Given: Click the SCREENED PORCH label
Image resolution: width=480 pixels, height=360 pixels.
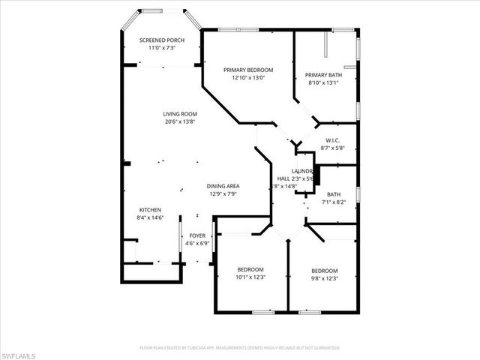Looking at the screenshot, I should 163,40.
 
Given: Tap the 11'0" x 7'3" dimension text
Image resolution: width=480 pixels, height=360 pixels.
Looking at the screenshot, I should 163,48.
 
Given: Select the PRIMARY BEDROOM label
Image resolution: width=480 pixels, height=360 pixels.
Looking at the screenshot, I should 248,70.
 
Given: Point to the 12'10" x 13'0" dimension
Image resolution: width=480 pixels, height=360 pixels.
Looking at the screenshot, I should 248,78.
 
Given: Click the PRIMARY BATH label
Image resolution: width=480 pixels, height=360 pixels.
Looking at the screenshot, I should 323,74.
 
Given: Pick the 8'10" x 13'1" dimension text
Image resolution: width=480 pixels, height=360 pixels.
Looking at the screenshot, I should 323,82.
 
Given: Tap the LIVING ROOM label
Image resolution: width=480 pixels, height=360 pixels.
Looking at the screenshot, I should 180,113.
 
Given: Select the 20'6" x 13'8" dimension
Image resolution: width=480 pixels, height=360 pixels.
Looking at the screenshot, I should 180,121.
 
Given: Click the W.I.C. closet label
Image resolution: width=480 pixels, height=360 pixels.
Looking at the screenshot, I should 333,140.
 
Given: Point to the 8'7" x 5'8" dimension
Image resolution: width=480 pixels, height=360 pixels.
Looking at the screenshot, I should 333,148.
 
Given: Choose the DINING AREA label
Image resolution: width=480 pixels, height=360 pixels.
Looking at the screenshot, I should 223,185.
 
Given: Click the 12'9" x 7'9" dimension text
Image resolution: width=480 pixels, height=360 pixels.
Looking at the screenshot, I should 223,193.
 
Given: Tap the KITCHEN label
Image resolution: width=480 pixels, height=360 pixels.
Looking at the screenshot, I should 150,209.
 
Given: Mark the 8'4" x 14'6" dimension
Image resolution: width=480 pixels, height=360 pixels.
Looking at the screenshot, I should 150,217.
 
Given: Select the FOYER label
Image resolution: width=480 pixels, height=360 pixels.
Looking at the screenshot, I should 197,235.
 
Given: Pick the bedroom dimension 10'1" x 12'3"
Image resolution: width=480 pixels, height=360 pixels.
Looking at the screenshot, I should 250,277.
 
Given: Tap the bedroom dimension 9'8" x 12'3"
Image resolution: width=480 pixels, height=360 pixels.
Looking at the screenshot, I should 325,279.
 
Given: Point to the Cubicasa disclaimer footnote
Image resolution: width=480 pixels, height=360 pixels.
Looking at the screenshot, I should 240,348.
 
